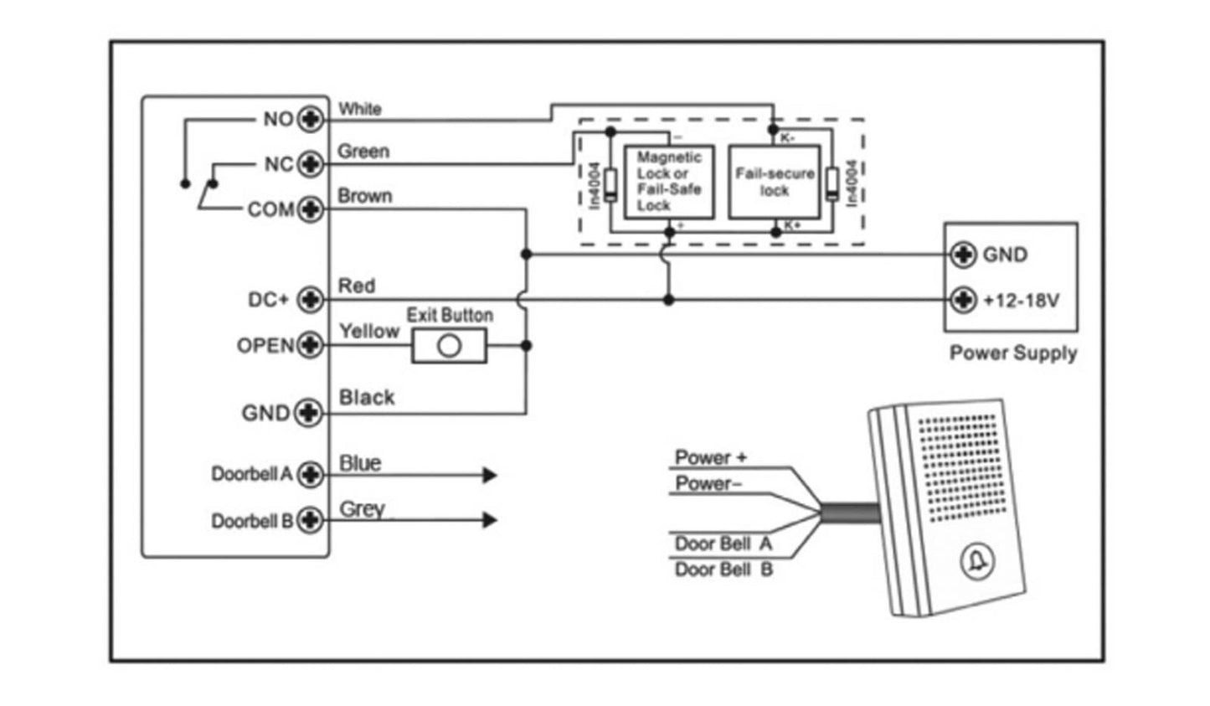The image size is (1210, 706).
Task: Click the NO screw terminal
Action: (311, 119)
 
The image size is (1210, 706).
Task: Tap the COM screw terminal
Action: (311, 209)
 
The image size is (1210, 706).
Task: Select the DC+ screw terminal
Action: (311, 299)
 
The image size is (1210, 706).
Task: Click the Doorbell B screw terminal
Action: (311, 520)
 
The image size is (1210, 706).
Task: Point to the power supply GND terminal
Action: (964, 254)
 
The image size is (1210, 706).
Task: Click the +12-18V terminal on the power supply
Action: (964, 299)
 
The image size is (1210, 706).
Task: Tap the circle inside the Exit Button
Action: (450, 346)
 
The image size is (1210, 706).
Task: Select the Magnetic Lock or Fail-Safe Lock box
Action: (669, 181)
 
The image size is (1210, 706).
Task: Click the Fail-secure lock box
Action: (775, 181)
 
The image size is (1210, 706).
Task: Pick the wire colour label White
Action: (360, 109)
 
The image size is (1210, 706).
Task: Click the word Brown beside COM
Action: (364, 196)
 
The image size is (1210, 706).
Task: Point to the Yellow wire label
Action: (368, 332)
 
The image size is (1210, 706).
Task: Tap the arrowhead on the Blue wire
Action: (489, 476)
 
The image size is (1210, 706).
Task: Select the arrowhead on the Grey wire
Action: (489, 520)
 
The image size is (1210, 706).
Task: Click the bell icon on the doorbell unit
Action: (976, 562)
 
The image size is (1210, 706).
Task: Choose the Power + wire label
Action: (711, 457)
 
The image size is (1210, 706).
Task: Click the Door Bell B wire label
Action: (723, 569)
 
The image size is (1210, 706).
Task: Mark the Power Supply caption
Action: (1012, 353)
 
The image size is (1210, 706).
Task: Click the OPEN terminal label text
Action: (265, 346)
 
